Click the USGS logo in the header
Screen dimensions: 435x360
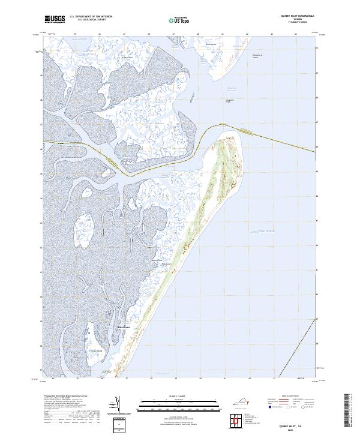pyautogui.click(x=55, y=19)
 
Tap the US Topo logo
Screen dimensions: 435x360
pyautogui.click(x=180, y=20)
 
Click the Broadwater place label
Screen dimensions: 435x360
pyautogui.click(x=122, y=327)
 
